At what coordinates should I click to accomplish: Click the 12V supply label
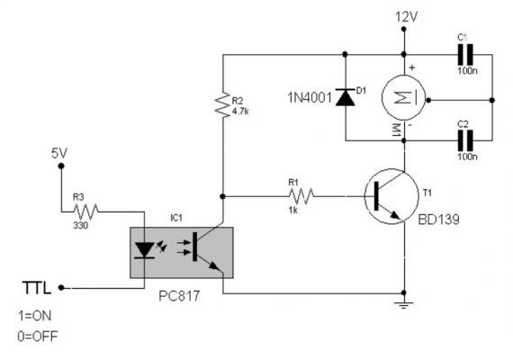(x=406, y=17)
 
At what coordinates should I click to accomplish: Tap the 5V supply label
(x=59, y=153)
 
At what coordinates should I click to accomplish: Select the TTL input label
(x=37, y=288)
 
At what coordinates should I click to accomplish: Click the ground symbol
(x=404, y=306)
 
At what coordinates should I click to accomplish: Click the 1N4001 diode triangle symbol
(x=346, y=97)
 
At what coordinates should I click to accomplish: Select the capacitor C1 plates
(x=465, y=55)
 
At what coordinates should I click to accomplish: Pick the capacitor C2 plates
(x=465, y=140)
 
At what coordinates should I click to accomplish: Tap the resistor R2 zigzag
(x=223, y=104)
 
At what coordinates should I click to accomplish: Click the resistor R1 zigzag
(x=301, y=196)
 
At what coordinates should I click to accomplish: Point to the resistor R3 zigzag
(x=85, y=211)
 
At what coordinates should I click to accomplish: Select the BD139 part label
(x=438, y=220)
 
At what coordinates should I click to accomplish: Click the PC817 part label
(x=179, y=296)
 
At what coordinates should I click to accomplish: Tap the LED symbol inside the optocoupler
(x=144, y=251)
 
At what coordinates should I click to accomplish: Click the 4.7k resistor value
(x=240, y=112)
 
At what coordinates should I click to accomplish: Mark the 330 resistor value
(x=80, y=225)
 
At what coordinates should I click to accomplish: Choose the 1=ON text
(x=35, y=316)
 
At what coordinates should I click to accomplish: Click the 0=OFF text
(x=38, y=336)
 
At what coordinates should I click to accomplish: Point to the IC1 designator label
(x=176, y=218)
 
